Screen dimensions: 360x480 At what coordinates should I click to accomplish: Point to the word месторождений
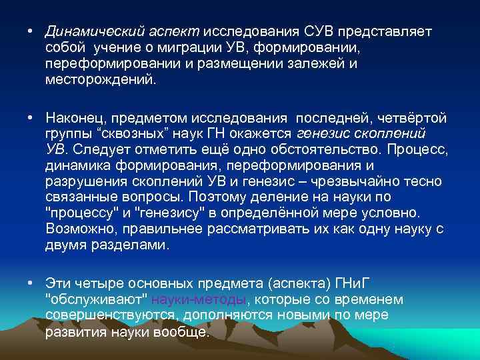[x=99, y=79]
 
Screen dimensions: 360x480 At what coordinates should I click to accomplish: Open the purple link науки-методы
[x=200, y=299]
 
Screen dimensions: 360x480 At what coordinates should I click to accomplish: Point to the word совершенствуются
[x=109, y=315]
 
